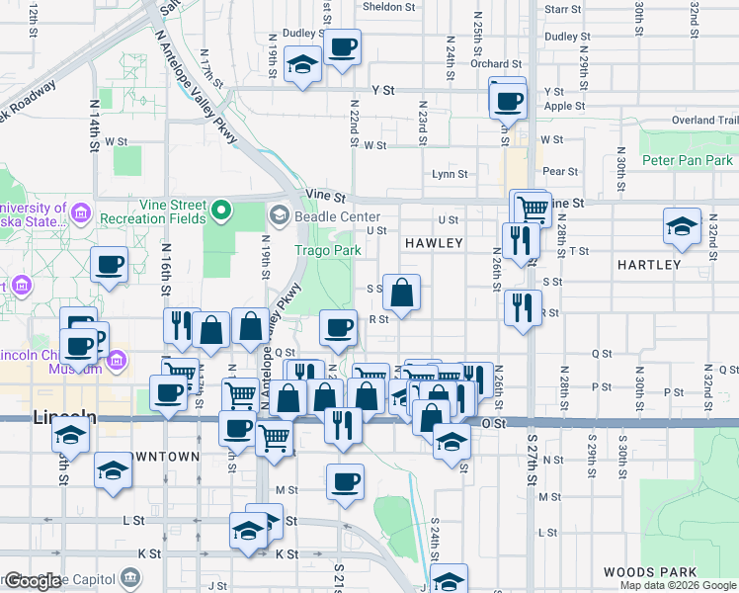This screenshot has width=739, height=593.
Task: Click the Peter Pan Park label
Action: pyautogui.click(x=687, y=160)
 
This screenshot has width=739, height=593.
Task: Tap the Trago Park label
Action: pyautogui.click(x=327, y=250)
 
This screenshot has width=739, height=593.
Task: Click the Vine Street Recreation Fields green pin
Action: pyautogui.click(x=222, y=210)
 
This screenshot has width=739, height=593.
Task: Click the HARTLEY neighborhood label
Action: pyautogui.click(x=648, y=265)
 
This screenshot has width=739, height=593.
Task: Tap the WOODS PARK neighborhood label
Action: pyautogui.click(x=649, y=572)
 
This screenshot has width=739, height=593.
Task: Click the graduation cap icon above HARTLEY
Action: pyautogui.click(x=682, y=227)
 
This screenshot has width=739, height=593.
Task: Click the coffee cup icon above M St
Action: pyautogui.click(x=345, y=482)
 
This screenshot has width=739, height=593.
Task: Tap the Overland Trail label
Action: pyautogui.click(x=706, y=121)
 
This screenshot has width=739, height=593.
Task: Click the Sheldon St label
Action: pyautogui.click(x=389, y=7)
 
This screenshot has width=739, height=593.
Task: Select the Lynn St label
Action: pyautogui.click(x=450, y=174)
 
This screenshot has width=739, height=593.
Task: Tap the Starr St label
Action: pyautogui.click(x=562, y=9)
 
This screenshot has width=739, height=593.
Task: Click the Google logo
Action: pyautogui.click(x=33, y=581)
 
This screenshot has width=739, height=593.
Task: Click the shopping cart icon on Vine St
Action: pyautogui.click(x=534, y=207)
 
